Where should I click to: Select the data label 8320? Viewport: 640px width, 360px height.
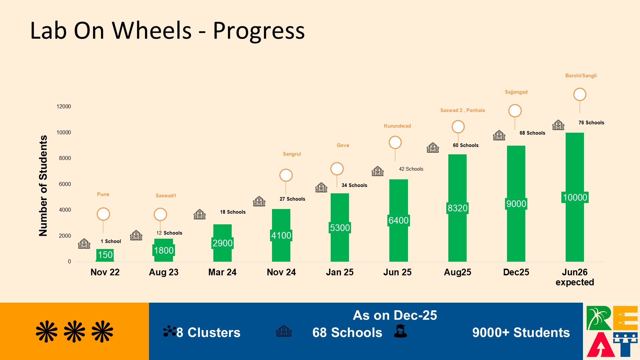click(x=457, y=208)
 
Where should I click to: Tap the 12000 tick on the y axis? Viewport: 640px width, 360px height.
click(x=64, y=106)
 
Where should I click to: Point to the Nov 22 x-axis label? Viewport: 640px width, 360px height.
click(x=105, y=272)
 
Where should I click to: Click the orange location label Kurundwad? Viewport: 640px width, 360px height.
click(x=397, y=126)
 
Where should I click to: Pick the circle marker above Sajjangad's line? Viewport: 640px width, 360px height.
click(x=515, y=111)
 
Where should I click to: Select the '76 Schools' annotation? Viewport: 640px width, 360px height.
click(x=591, y=123)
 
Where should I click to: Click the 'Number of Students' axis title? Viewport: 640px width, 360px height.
click(x=43, y=186)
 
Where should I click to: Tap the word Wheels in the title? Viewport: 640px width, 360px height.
click(x=152, y=31)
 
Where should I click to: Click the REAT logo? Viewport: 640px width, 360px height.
click(x=612, y=331)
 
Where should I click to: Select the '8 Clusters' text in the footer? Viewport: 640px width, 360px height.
click(x=208, y=332)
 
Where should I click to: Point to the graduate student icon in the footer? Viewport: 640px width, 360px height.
click(x=400, y=331)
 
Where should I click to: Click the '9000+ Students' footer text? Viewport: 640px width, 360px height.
click(x=521, y=332)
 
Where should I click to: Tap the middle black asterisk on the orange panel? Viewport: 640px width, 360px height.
click(x=74, y=332)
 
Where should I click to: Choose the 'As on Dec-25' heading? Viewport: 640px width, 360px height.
click(x=395, y=315)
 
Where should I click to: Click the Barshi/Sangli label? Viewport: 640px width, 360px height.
click(x=581, y=76)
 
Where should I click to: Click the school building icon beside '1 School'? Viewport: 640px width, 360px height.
click(x=84, y=244)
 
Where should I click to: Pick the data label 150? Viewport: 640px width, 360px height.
click(x=105, y=255)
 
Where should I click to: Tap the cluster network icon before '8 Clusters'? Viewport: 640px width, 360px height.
click(x=169, y=331)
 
